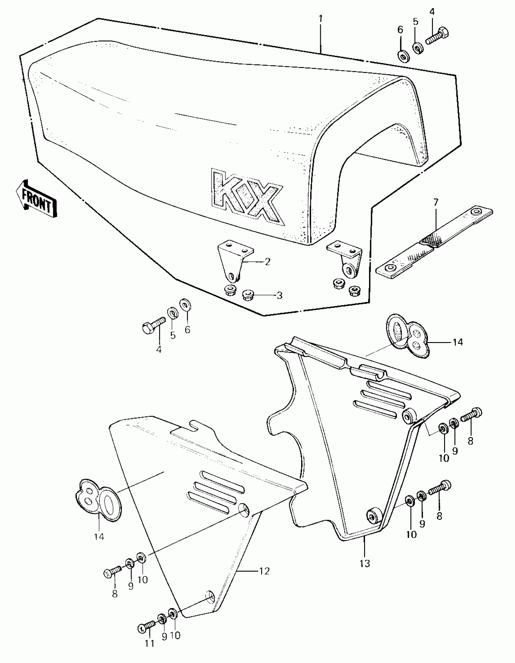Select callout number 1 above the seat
click(x=321, y=19)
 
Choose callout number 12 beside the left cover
click(x=264, y=571)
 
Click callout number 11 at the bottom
click(x=150, y=644)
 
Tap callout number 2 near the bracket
click(x=267, y=261)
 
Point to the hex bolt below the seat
click(x=153, y=324)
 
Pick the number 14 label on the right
click(x=458, y=342)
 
